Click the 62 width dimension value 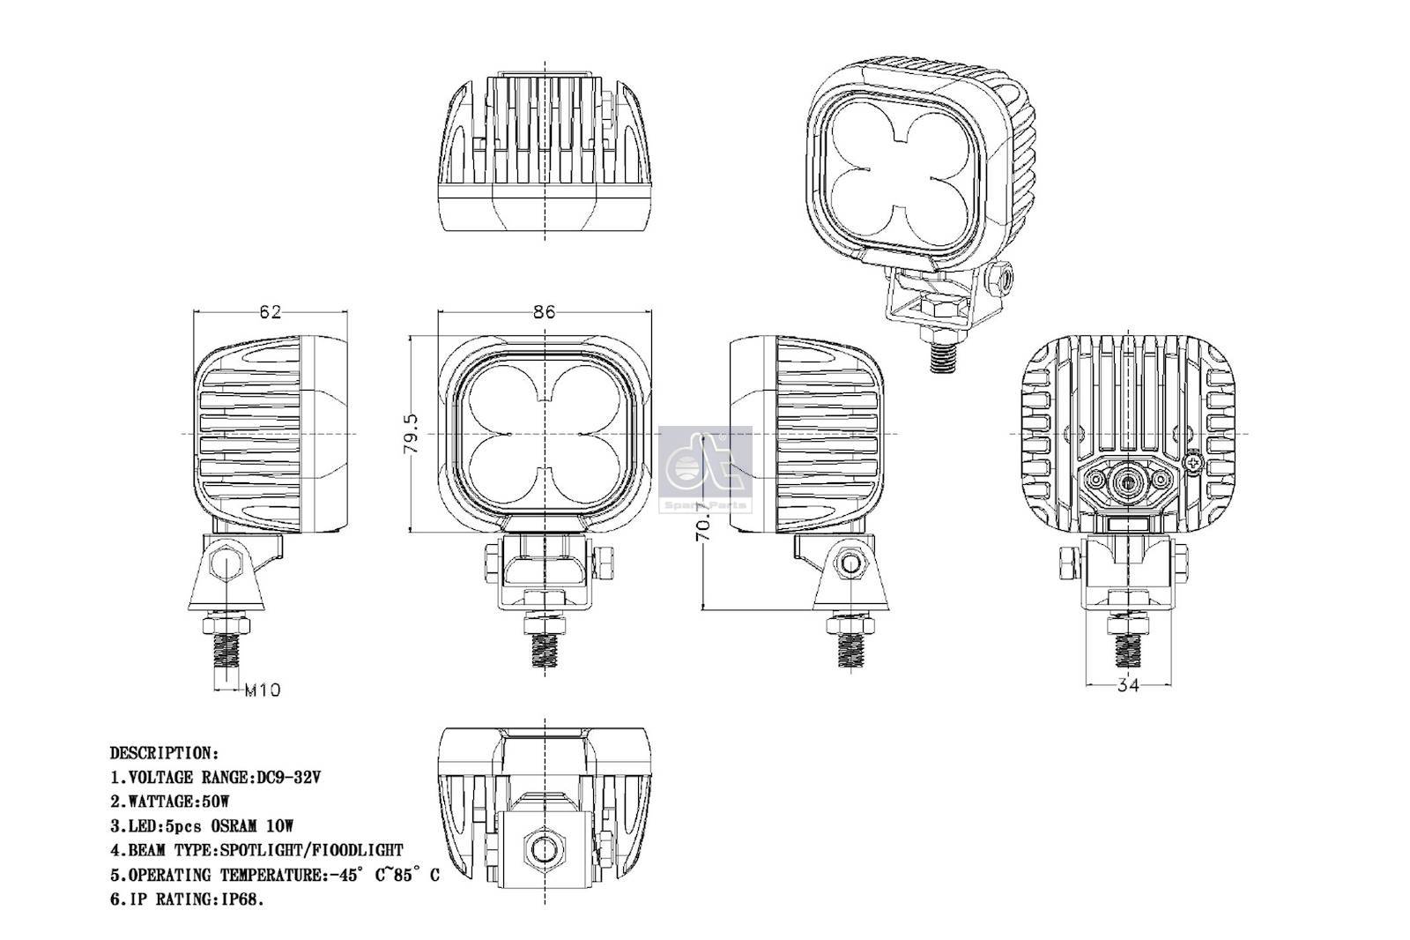pyautogui.click(x=271, y=312)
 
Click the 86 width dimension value pyautogui.click(x=545, y=311)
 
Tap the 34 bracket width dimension pyautogui.click(x=1128, y=685)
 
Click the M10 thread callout pyautogui.click(x=262, y=690)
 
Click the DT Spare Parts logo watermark pyautogui.click(x=705, y=468)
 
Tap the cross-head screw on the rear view pyautogui.click(x=1194, y=460)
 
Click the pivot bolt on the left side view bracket pyautogui.click(x=226, y=562)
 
